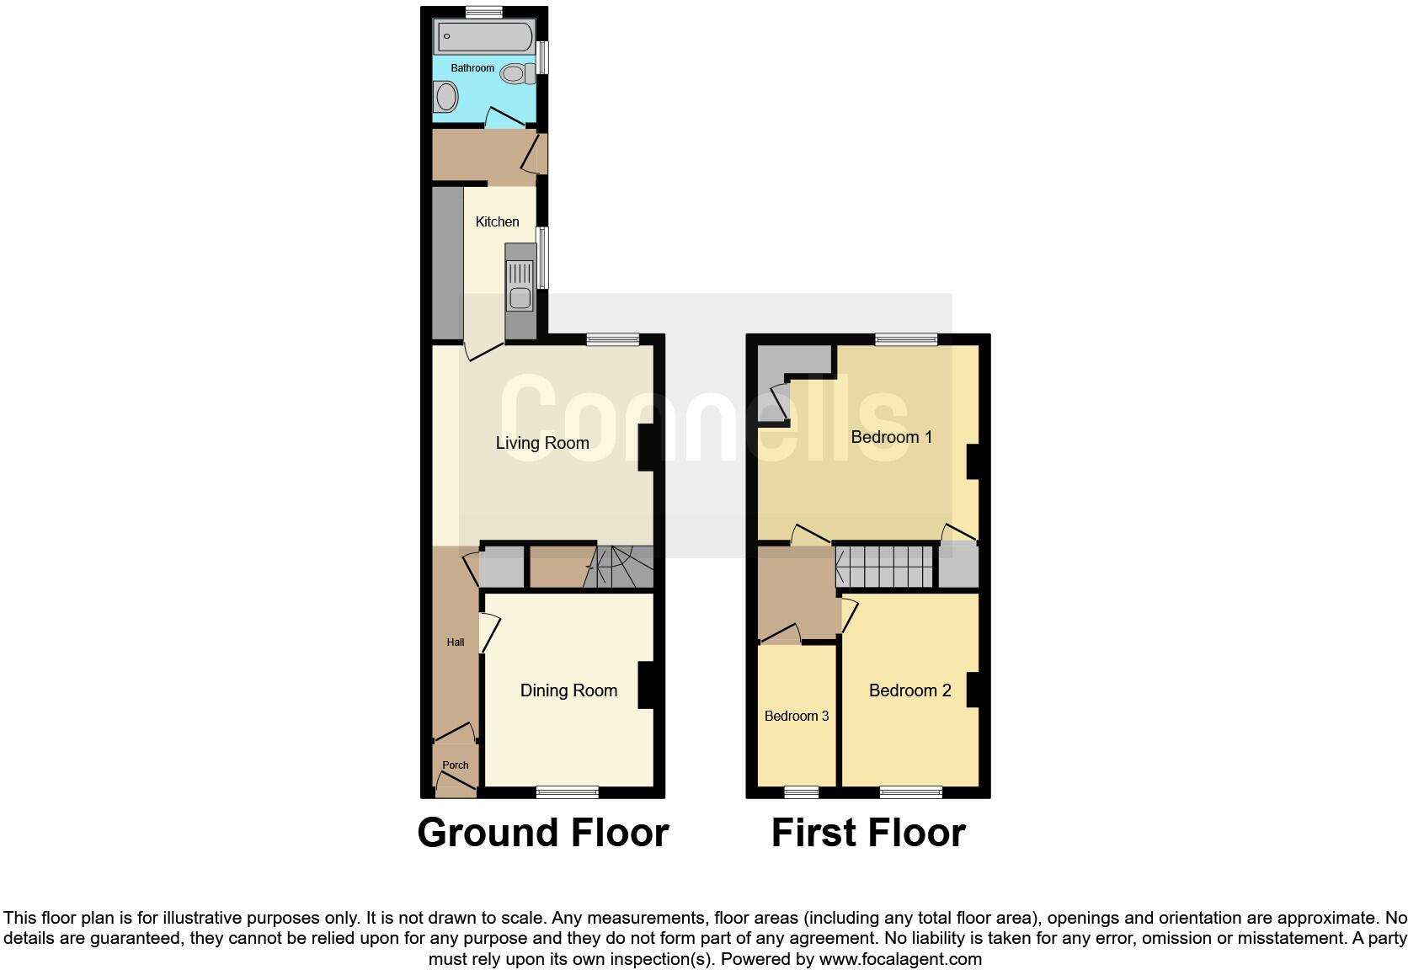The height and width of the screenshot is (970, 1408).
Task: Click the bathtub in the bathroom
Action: pos(484,36)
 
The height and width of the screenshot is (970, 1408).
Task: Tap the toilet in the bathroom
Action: pos(518,74)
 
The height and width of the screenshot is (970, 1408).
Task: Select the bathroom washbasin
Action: pos(445,98)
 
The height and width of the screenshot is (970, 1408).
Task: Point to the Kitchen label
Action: pos(497,222)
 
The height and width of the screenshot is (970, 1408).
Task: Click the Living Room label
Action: pos(542,443)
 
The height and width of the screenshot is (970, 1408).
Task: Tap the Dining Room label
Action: pos(569,691)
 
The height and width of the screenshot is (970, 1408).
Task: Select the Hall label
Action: pos(456,642)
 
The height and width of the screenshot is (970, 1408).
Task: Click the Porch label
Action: pos(456,765)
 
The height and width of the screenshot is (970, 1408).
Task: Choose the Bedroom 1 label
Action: pos(891,437)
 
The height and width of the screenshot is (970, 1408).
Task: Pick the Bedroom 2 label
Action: pos(909,691)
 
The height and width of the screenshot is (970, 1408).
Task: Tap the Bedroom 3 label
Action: pos(797,716)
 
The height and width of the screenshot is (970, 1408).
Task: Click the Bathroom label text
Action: pos(472,68)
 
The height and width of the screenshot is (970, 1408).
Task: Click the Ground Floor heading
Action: pos(543,833)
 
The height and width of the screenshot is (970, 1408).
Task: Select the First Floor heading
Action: pos(868,833)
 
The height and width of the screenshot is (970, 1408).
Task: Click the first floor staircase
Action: pos(883,567)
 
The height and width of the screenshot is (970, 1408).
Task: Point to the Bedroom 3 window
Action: pos(802,792)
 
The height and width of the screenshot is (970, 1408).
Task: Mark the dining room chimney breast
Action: pos(647,685)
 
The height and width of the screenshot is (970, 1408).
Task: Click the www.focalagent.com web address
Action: pos(900,959)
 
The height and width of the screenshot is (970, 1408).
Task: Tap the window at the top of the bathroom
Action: pos(484,12)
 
